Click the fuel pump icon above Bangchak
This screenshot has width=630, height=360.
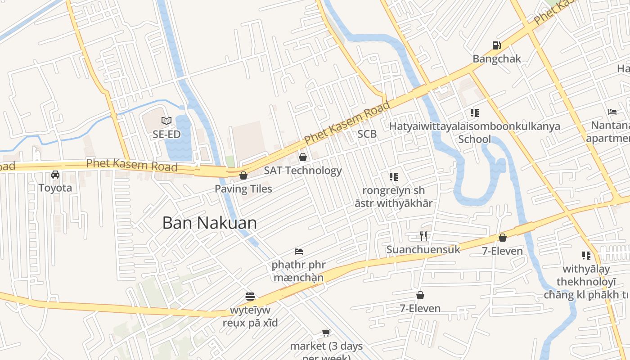click(496, 45)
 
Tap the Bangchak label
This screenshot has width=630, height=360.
click(497, 59)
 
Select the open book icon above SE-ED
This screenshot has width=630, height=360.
click(166, 121)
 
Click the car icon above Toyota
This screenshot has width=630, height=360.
click(55, 175)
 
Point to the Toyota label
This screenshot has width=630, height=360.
click(55, 188)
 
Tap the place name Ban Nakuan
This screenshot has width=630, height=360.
click(209, 223)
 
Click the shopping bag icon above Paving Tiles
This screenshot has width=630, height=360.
click(243, 175)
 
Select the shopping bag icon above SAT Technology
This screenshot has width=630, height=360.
click(303, 157)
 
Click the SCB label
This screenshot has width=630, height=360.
click(367, 134)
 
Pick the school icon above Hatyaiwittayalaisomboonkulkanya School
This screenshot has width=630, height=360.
click(475, 113)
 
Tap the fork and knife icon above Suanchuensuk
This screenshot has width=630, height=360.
click(423, 236)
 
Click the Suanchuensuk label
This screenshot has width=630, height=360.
click(423, 249)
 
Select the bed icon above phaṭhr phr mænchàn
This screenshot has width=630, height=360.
click(299, 251)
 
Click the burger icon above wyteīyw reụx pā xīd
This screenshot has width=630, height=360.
click(250, 297)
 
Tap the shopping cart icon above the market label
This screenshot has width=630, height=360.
click(326, 333)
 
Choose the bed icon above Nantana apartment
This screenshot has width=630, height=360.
click(612, 112)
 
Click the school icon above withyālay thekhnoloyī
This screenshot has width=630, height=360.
click(586, 256)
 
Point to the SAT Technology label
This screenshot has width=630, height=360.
click(303, 171)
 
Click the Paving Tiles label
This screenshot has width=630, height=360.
click(243, 189)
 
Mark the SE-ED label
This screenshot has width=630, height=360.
click(166, 134)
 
